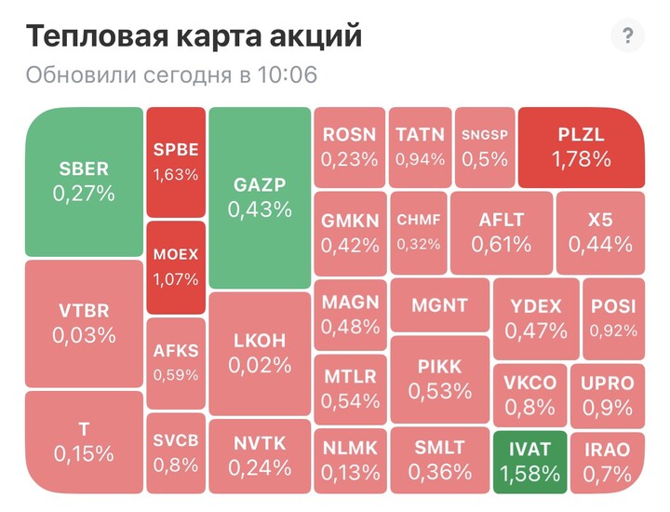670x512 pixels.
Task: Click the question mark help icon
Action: (x=628, y=36)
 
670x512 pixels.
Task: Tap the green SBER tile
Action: (x=84, y=182)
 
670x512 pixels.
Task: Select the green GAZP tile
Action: (x=260, y=196)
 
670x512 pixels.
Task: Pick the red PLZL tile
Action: (x=582, y=146)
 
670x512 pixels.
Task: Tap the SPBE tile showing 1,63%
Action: (x=176, y=160)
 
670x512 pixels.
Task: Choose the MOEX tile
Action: (x=176, y=266)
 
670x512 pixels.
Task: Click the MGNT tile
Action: (x=439, y=305)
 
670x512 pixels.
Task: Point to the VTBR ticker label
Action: (x=84, y=310)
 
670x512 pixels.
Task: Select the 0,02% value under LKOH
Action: (x=260, y=365)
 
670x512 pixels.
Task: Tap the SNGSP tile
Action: (x=485, y=146)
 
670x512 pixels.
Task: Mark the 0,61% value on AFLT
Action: (x=502, y=245)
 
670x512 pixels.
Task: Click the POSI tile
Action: (x=613, y=317)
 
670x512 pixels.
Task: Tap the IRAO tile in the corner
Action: (x=608, y=461)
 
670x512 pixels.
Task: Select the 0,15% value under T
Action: (x=84, y=453)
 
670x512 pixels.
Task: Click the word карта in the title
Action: (x=231, y=37)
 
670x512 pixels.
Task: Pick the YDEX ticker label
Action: (x=536, y=306)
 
